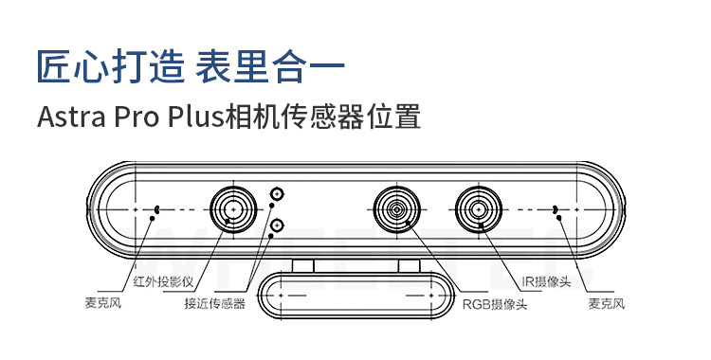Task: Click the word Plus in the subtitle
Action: click(195, 117)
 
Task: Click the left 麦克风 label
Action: click(104, 305)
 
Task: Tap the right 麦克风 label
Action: click(607, 305)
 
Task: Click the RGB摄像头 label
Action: click(494, 305)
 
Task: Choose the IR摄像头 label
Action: click(546, 281)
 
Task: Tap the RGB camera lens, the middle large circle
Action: click(395, 207)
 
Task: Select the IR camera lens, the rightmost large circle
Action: click(477, 207)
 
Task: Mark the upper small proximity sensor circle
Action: click(277, 193)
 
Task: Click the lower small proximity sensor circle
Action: click(277, 225)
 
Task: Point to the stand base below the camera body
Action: click(355, 296)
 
